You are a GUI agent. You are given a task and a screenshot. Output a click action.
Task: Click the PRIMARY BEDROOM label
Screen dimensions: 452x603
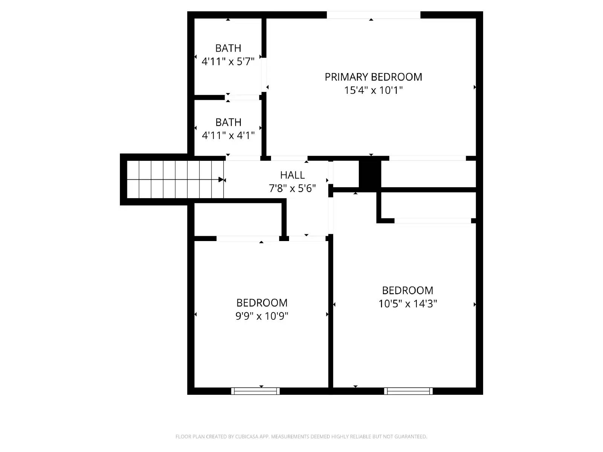[x=373, y=77]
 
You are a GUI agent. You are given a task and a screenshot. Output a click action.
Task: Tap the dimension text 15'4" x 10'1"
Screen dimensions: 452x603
[x=373, y=90]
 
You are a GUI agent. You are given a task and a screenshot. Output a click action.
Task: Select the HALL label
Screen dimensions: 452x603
[x=292, y=175]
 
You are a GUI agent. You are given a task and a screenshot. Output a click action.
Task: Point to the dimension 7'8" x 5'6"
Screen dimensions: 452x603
[x=292, y=188]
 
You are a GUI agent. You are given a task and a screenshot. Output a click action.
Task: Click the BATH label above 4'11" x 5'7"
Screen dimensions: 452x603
[x=228, y=48]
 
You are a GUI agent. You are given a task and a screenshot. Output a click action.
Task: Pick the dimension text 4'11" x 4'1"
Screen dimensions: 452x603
[x=228, y=135]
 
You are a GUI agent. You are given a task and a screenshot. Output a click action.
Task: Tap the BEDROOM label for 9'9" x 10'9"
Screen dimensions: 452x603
[x=262, y=302]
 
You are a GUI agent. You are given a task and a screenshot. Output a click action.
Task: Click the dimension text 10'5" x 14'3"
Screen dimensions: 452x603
[x=407, y=304]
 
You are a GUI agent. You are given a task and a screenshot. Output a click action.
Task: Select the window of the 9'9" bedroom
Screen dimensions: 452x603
[x=255, y=391]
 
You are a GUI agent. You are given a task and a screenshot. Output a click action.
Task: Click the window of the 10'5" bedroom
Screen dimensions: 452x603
[x=408, y=391]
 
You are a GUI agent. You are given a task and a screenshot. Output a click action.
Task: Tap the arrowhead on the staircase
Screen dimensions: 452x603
[x=221, y=180]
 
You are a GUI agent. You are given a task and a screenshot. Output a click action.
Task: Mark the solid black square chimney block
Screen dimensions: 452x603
[x=370, y=174]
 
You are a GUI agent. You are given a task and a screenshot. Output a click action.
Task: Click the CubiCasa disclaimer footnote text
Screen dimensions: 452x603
[x=301, y=437]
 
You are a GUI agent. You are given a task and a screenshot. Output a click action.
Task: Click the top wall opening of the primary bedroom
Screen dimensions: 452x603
[x=373, y=15]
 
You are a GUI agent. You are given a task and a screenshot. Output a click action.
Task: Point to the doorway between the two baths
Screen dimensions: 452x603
[x=243, y=98]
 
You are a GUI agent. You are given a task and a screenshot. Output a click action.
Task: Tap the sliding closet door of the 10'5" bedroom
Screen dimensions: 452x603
[x=432, y=221]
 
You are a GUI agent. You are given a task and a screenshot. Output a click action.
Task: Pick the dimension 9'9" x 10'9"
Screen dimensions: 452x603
[x=262, y=316]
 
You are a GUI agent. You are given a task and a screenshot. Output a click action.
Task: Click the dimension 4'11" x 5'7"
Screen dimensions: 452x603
[x=228, y=61]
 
